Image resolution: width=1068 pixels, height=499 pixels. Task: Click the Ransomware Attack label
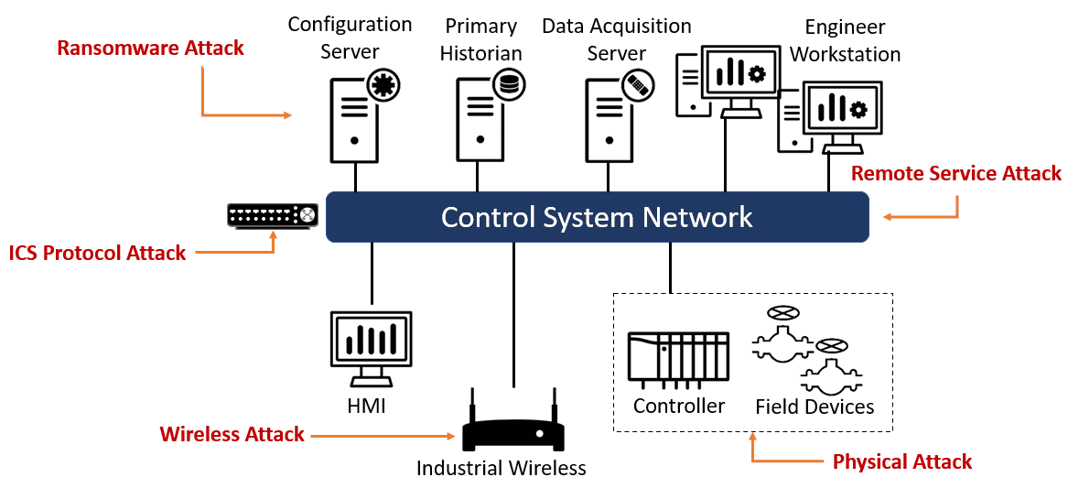pos(150,49)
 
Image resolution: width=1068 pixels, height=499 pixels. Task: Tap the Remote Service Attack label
pos(956,174)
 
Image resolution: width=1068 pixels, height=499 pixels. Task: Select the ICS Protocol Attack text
pos(98,254)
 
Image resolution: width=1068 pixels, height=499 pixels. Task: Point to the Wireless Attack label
pos(232,435)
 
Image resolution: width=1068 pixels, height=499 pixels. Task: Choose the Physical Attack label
pos(901,462)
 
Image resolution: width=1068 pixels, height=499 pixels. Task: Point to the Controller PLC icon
pos(678,356)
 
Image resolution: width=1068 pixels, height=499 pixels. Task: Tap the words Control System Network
pos(597,217)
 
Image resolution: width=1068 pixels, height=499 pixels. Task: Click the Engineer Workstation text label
pos(845,41)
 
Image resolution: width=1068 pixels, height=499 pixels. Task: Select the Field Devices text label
pos(814,407)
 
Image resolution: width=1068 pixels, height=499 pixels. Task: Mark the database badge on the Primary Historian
pos(505,85)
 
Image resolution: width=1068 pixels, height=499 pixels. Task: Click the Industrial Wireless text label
pos(501,469)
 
